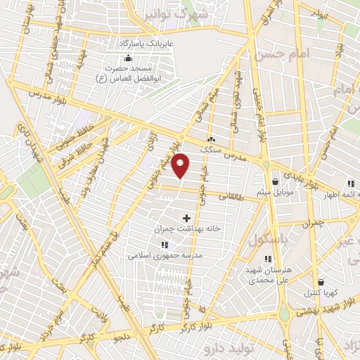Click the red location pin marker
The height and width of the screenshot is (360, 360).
tap(181, 166)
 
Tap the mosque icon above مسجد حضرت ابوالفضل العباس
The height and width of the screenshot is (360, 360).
tap(127, 59)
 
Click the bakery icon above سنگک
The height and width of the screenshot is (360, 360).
tap(212, 139)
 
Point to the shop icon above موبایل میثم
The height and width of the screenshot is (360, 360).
tap(273, 181)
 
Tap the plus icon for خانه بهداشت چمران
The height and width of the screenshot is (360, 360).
tap(186, 218)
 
